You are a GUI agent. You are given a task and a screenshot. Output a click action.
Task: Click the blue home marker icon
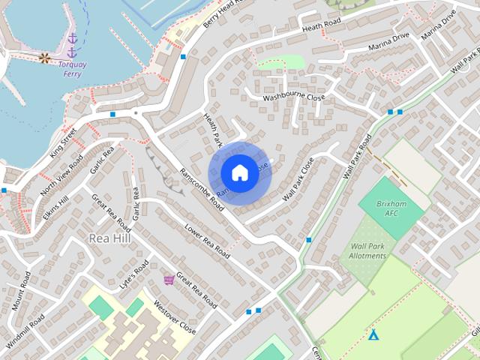point(239,173)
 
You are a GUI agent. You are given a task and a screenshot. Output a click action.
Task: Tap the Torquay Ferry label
point(73,69)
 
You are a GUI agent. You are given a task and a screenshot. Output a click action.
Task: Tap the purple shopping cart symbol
point(169,280)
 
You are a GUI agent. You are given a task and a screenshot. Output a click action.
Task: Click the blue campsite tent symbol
point(373,334)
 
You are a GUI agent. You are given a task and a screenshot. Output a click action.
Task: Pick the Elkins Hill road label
point(55,203)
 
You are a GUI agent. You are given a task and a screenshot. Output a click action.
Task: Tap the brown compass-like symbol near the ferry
point(44,58)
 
